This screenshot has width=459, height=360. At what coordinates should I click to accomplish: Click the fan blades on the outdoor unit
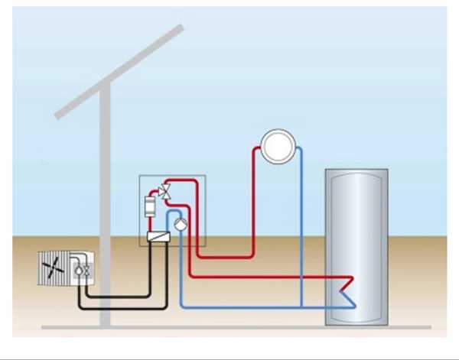[56, 268]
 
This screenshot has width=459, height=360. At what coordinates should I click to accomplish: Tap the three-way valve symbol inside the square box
[163, 192]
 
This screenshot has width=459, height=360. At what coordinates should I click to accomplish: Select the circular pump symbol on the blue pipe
[178, 224]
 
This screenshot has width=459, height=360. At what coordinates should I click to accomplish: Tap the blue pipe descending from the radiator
[301, 229]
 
